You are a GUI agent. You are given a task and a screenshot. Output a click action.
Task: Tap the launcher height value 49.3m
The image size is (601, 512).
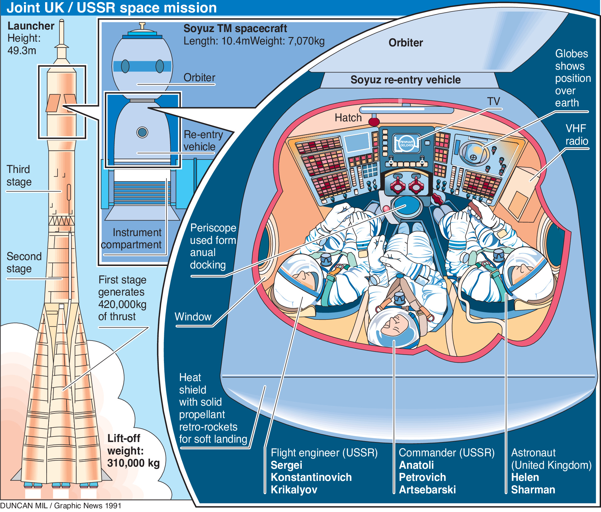tap(22, 50)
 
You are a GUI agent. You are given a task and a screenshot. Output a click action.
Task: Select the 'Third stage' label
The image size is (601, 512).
tap(19, 175)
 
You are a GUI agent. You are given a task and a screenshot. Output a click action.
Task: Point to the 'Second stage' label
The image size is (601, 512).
tap(24, 262)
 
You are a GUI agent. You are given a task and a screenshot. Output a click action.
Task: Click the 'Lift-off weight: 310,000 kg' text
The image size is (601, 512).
tap(133, 451)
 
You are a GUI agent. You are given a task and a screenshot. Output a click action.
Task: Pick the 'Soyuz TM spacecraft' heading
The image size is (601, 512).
tap(235, 28)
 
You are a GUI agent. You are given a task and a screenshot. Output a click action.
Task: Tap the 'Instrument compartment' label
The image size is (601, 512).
tap(131, 239)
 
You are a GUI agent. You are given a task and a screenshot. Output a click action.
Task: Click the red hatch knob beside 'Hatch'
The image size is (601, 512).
tap(374, 121)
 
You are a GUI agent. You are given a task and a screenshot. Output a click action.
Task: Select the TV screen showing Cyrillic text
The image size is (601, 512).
tap(406, 143)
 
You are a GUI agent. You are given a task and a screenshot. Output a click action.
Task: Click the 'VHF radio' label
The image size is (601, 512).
tap(576, 135)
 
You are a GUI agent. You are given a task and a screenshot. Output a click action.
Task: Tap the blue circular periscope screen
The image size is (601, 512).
tap(406, 206)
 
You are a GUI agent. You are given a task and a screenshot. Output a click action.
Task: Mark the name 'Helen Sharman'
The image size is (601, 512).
tap(533, 483)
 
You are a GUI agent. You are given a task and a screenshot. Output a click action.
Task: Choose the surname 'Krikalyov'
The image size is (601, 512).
tap(294, 490)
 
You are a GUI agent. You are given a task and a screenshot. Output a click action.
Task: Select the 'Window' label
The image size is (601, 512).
tap(193, 317)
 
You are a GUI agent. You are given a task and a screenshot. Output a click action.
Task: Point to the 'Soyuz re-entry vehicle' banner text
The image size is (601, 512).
tap(405, 80)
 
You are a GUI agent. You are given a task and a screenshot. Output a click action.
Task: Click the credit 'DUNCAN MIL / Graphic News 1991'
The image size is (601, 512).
tap(61, 505)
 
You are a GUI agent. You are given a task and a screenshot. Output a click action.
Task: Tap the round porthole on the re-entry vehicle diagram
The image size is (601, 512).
tap(142, 132)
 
